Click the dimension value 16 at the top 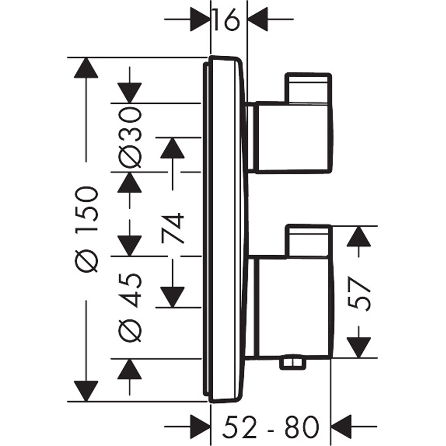[x=228, y=20]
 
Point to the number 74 [x=173, y=229]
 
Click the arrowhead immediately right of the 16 [x=258, y=20]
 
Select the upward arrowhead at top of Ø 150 [x=86, y=68]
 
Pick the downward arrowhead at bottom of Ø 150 [x=86, y=391]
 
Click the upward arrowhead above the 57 [x=360, y=237]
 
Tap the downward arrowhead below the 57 [x=360, y=347]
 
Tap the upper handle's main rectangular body [x=292, y=137]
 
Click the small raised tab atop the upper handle [x=309, y=87]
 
